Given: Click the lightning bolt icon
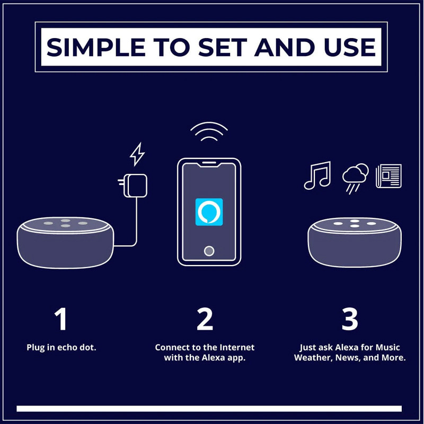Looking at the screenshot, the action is [137, 154].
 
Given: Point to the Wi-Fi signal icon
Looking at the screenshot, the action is [209, 131].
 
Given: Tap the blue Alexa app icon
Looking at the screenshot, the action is [209, 212].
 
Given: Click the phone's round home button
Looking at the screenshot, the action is [209, 251].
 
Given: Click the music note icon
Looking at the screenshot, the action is [317, 175].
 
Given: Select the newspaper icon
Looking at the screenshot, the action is [388, 176].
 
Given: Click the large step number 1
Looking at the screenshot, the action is [61, 319].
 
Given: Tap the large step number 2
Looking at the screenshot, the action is [205, 319].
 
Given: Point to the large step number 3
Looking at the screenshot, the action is [350, 319].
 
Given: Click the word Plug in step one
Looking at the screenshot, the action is [36, 348].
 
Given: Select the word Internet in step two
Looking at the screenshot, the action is [237, 347].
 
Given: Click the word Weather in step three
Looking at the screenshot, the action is [313, 358].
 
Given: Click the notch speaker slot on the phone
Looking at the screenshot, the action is [209, 163].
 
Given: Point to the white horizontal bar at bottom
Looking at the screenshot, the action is [209, 409].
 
